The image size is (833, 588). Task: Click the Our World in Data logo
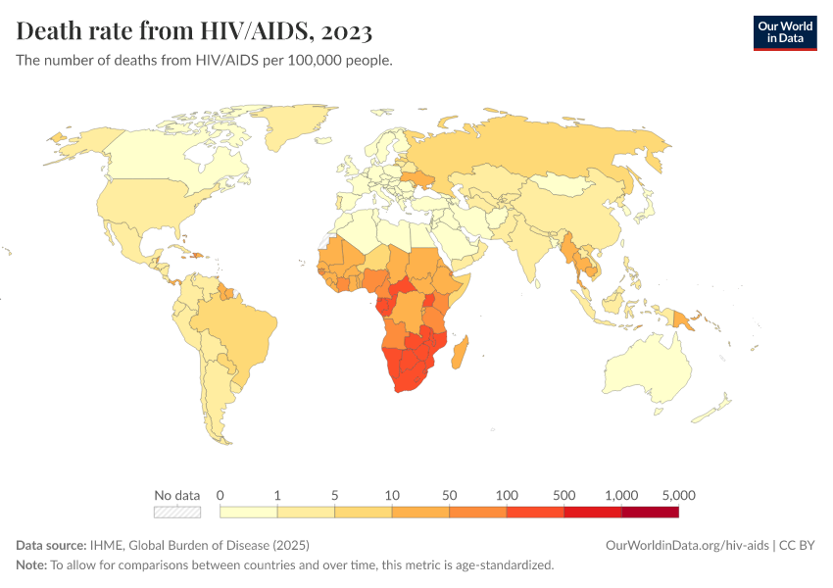point(784,32)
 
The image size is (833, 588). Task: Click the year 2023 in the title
point(345,31)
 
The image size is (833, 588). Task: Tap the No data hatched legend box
point(177,512)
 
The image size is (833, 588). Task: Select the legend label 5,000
point(678,495)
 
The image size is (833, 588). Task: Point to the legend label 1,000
point(621,495)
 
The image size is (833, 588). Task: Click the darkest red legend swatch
point(650,512)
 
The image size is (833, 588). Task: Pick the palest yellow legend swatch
point(249,512)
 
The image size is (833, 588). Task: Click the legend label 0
point(220,495)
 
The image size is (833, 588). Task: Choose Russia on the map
point(549,152)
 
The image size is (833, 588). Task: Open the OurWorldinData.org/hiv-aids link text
point(687,545)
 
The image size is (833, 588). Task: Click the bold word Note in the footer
point(30,564)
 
